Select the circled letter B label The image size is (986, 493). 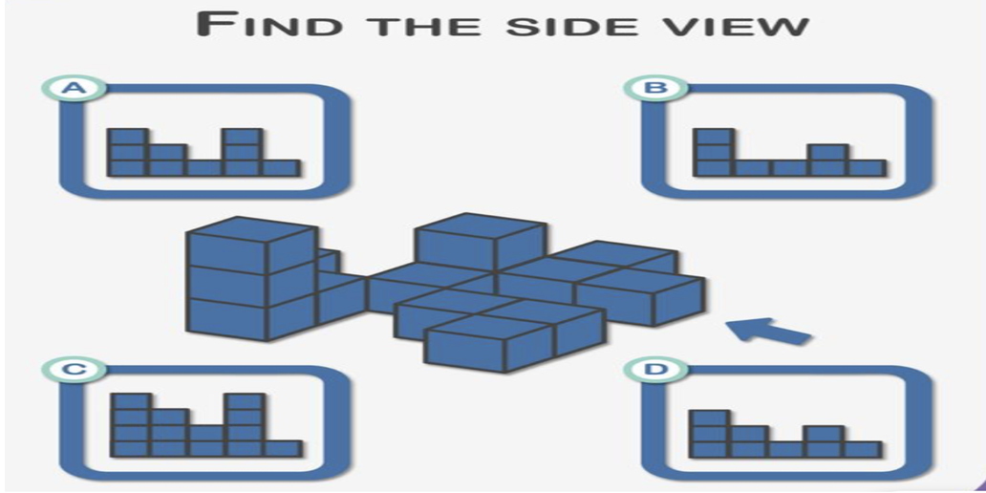(x=654, y=89)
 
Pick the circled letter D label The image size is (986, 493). (x=654, y=369)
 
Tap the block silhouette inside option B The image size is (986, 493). (x=788, y=157)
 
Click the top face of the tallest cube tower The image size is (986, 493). (x=250, y=230)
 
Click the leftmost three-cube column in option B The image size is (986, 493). (x=713, y=152)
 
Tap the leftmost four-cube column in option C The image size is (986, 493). (x=132, y=424)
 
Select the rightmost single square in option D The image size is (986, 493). (x=863, y=449)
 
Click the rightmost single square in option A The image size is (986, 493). (x=280, y=168)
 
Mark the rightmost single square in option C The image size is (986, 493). (x=282, y=447)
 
